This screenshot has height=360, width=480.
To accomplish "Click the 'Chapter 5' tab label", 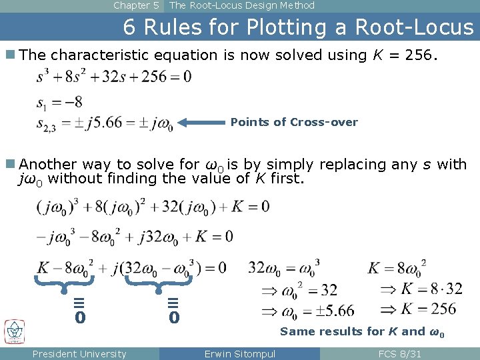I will [136, 5].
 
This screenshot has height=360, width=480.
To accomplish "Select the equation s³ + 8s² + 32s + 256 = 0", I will [113, 77].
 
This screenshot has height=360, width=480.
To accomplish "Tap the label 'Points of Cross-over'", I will [294, 123].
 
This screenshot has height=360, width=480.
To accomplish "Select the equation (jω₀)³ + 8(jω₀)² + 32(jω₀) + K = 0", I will [153, 207].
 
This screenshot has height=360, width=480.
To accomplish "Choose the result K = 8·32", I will [422, 289].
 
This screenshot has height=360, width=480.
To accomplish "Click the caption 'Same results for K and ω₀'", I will [362, 331].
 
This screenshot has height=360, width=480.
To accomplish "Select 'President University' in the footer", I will [79, 354].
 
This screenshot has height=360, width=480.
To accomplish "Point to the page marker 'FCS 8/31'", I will [399, 354].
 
